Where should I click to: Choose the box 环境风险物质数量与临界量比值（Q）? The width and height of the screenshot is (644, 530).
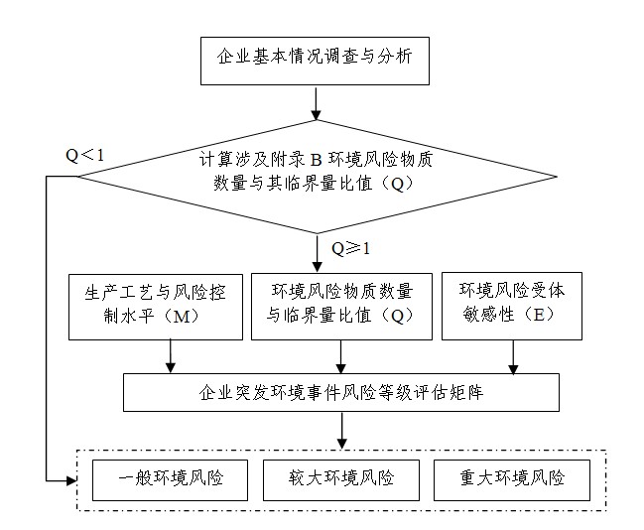tap(341, 305)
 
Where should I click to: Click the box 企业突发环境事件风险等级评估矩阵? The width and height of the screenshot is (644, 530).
tap(341, 391)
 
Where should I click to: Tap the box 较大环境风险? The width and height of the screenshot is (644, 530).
tap(341, 479)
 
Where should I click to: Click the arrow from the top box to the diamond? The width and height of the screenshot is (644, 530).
tap(316, 102)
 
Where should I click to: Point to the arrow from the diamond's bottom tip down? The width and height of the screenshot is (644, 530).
tap(316, 252)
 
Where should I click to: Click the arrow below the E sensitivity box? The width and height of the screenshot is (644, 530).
tap(513, 355)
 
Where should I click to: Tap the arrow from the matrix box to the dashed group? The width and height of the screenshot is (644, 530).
tap(342, 428)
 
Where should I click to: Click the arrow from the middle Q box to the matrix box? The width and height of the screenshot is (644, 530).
tap(342, 355)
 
